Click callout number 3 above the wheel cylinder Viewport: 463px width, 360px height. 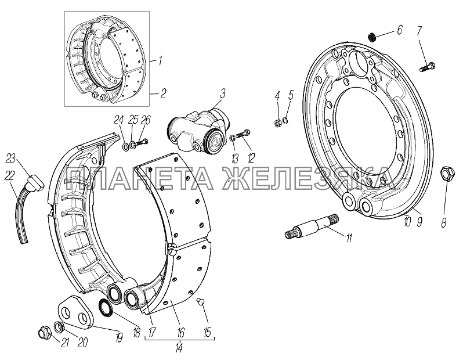(222, 94)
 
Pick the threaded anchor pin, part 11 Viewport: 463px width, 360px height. (312, 228)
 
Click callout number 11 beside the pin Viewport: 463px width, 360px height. (349, 237)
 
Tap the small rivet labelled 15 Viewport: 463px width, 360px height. (200, 301)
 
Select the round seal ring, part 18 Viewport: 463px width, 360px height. (105, 307)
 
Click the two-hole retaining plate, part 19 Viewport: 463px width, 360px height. (76, 313)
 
